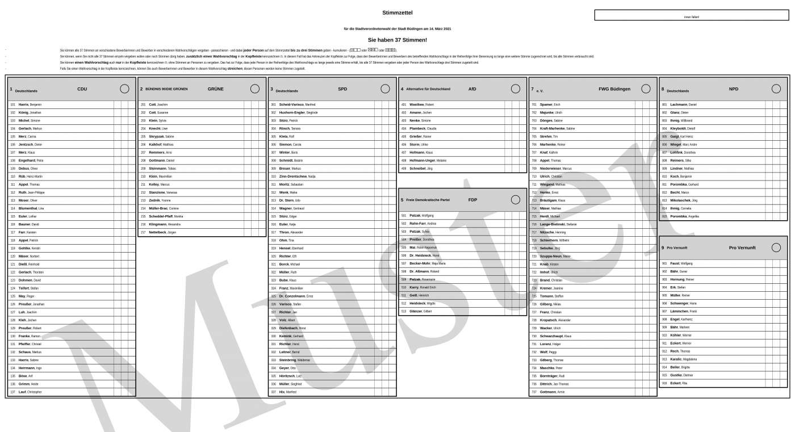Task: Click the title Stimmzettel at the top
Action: tap(397, 12)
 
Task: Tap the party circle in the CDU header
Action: tap(124, 89)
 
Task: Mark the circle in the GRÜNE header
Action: tap(255, 89)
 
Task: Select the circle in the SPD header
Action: tap(385, 89)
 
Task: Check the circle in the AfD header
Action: tap(516, 89)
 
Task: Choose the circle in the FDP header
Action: tap(516, 200)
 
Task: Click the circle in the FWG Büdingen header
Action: tap(646, 89)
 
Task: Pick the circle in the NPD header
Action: tap(776, 89)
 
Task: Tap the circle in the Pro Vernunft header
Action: tap(776, 248)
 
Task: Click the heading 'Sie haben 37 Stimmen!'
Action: tap(397, 40)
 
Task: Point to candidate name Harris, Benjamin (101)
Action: tap(30, 105)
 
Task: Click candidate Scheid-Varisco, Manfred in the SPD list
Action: tap(297, 105)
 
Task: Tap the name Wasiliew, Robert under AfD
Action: tap(421, 105)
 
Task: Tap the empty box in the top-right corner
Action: tap(692, 15)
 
